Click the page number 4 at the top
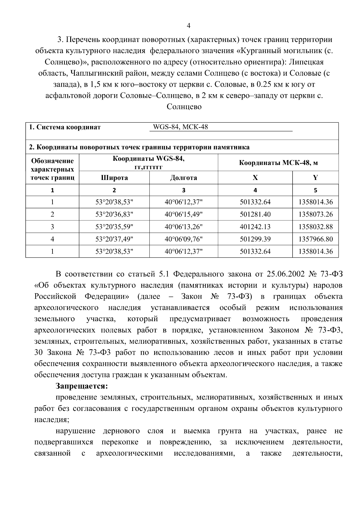pos(188,26)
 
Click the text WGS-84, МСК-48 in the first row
pos(180,127)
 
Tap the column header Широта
pos(114,178)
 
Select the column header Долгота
pos(184,178)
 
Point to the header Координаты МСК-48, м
pos(278,163)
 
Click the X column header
pos(255,178)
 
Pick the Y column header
pos(315,178)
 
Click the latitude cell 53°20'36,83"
pos(114,214)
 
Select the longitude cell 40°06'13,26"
pos(184,227)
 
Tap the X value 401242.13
pos(255,227)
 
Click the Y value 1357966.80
pos(315,239)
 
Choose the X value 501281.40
pos(255,214)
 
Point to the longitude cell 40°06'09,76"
pos(184,239)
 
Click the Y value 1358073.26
pos(315,214)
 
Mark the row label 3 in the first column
pos(52,227)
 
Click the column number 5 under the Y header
pos(315,190)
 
